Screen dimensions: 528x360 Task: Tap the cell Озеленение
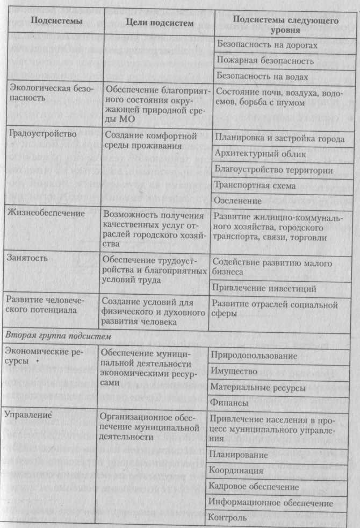237,200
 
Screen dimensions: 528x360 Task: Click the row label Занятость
27,258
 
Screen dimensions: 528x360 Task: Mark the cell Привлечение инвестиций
257,289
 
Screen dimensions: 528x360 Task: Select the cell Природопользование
254,356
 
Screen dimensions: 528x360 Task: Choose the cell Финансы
229,402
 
